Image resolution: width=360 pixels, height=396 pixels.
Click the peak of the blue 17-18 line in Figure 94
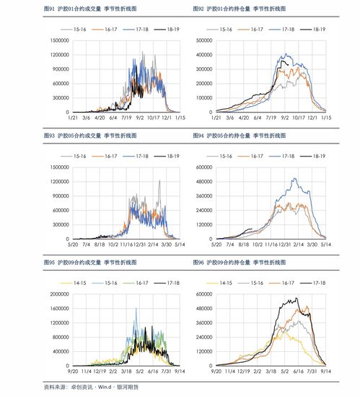pyautogui.click(x=294, y=178)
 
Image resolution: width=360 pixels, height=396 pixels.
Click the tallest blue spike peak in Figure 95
pyautogui.click(x=136, y=309)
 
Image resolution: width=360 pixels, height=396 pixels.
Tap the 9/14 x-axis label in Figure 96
pyautogui.click(x=325, y=371)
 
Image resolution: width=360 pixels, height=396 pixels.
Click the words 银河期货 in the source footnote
pyautogui.click(x=127, y=386)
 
